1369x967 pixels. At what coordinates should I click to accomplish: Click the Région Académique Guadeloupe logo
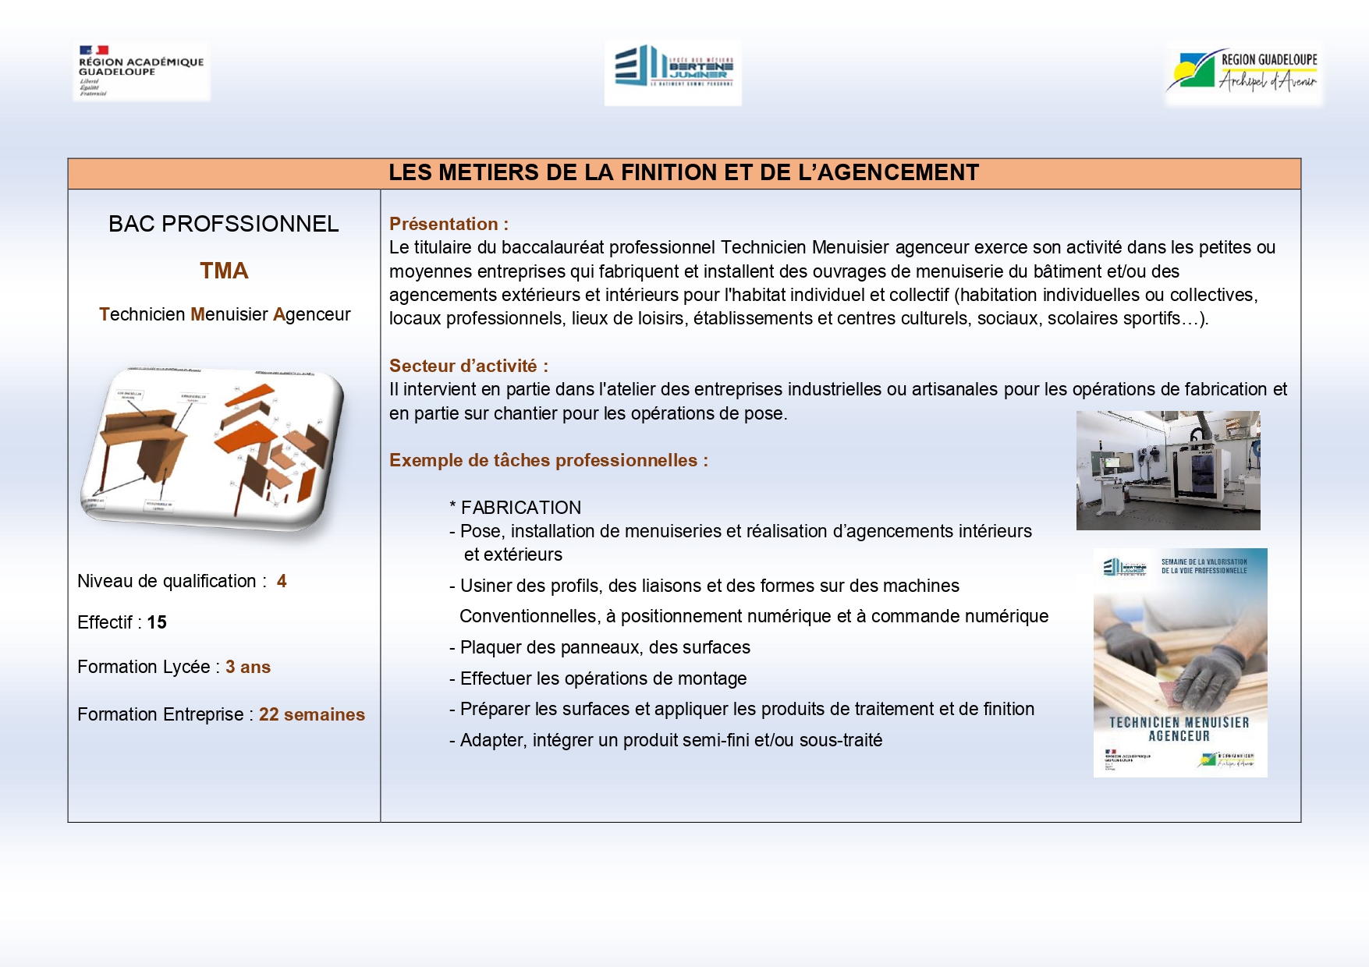point(141,71)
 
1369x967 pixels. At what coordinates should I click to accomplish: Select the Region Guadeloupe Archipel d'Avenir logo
point(1244,73)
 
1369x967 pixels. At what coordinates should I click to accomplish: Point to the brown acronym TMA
point(224,271)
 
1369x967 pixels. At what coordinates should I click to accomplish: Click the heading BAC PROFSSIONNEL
point(224,224)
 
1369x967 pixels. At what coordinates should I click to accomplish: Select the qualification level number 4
point(282,581)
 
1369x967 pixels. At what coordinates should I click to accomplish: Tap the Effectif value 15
point(157,622)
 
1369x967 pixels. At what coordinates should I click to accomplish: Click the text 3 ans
point(248,667)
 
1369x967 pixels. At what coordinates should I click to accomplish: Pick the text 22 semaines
point(312,714)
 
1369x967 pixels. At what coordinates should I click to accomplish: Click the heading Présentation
point(449,224)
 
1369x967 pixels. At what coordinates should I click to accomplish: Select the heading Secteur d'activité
point(468,366)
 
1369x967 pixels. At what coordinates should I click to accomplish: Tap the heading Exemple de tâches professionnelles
point(548,460)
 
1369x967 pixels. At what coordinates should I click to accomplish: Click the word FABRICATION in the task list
point(521,508)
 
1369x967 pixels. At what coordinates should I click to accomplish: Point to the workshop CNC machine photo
point(1168,470)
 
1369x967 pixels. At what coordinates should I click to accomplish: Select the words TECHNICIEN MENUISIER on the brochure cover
point(1179,723)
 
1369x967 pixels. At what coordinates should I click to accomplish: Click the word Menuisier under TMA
point(229,314)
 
